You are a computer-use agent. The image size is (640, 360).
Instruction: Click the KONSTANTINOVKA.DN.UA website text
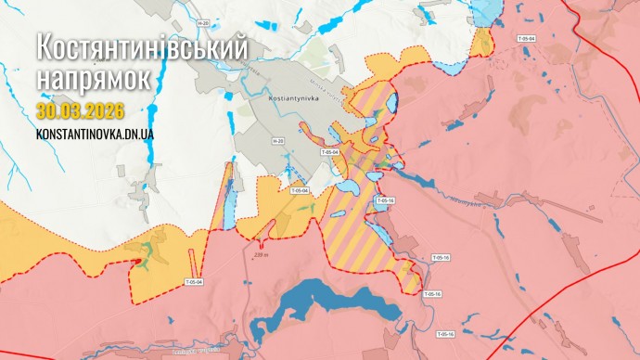point(95,135)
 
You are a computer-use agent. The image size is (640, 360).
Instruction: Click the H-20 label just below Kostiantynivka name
point(277,141)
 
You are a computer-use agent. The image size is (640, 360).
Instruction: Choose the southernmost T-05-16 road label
point(446,332)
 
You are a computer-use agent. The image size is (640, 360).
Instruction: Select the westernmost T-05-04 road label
point(194,281)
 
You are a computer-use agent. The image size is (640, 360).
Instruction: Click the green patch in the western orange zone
point(148,249)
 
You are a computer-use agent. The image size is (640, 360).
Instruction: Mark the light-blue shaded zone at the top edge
point(485,11)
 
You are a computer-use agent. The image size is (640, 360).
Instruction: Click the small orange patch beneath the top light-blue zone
point(481,42)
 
